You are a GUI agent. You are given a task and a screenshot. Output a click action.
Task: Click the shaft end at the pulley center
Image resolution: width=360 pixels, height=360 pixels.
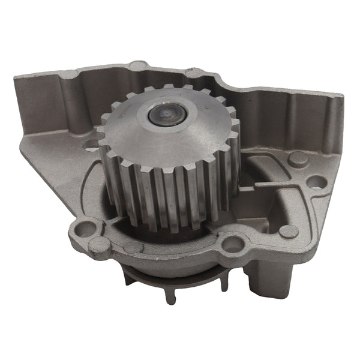tap(165, 114)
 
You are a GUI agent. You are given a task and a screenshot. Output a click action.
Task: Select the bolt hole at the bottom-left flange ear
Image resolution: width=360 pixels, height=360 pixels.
tap(85, 229)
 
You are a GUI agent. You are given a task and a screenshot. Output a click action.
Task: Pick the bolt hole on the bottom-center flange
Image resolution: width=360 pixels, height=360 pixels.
tap(233, 244)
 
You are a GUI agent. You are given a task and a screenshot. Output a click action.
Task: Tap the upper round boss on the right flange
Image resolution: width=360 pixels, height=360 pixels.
tap(297, 159)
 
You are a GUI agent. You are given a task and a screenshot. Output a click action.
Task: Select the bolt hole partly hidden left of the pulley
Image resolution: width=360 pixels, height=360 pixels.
tap(91, 145)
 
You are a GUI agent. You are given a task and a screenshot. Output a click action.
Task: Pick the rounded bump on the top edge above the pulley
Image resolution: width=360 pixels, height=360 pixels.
tap(139, 64)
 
